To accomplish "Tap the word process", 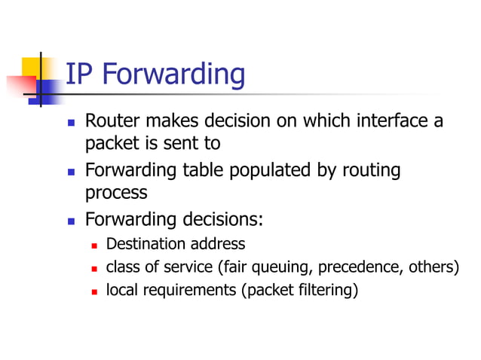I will tap(115, 193).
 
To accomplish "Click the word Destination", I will tap(144, 243).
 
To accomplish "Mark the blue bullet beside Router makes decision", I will tap(71, 121).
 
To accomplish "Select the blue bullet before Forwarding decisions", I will tap(71, 221).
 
